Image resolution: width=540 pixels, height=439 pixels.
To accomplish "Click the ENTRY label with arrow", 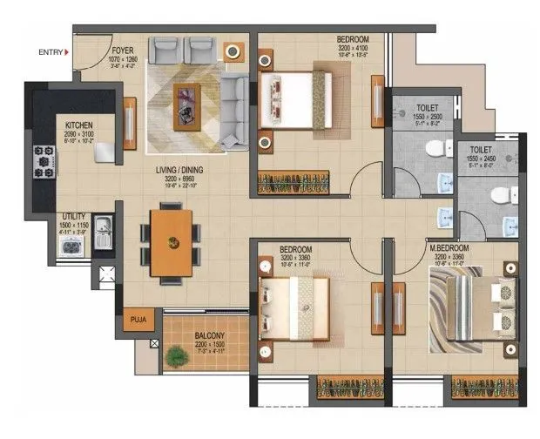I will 51,52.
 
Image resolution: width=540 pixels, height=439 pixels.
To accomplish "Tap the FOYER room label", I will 123,39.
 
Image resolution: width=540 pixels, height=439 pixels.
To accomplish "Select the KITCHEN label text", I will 79,125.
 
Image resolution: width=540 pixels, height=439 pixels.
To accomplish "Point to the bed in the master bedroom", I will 468,307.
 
